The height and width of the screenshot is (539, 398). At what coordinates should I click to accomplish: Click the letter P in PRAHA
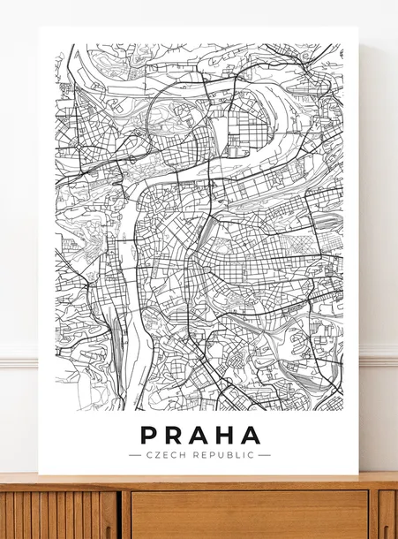pyautogui.click(x=150, y=436)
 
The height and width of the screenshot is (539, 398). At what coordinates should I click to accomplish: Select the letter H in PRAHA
pyautogui.click(x=225, y=436)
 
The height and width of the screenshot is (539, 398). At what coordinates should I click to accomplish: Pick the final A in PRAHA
pyautogui.click(x=251, y=436)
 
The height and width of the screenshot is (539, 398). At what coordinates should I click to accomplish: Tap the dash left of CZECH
pyautogui.click(x=134, y=455)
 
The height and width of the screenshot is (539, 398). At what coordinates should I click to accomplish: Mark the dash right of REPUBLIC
pyautogui.click(x=264, y=455)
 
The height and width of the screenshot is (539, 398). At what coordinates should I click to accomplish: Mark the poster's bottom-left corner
pyautogui.click(x=40, y=474)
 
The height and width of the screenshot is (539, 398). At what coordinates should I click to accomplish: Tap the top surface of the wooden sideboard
pyautogui.click(x=199, y=481)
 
